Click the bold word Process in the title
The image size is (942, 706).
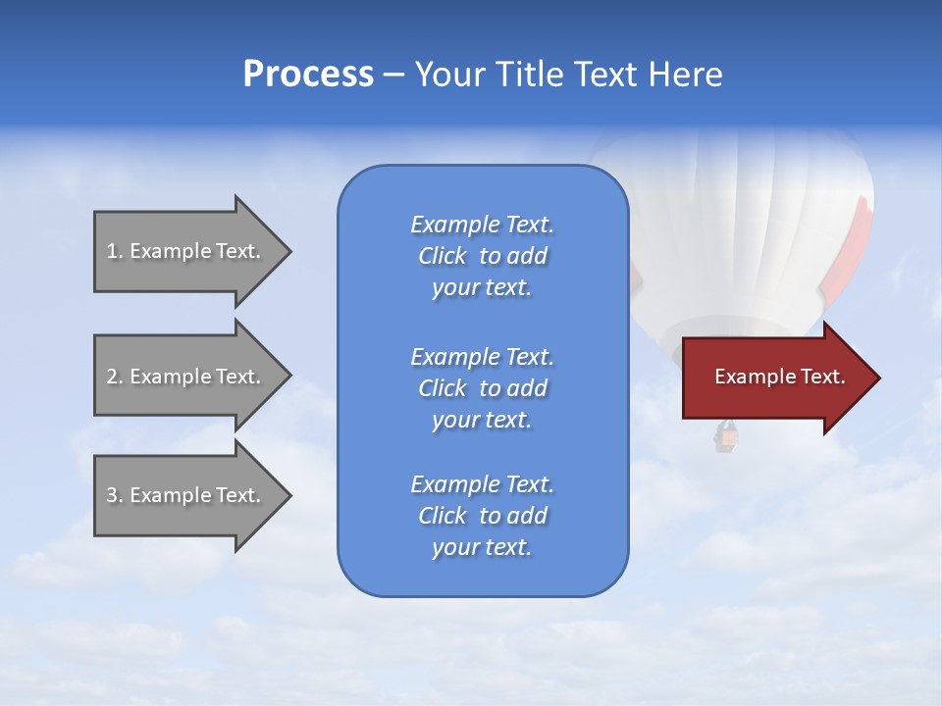click(x=308, y=75)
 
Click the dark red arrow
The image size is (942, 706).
click(x=775, y=378)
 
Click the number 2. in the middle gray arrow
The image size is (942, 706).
click(x=114, y=377)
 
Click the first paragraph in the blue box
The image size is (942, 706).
click(x=482, y=256)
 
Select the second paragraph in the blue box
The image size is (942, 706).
click(x=482, y=388)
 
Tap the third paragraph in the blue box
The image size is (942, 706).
click(x=482, y=516)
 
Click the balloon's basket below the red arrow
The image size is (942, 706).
click(x=725, y=438)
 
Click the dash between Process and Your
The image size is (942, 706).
click(x=393, y=75)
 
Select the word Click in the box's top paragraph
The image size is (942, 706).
click(x=442, y=256)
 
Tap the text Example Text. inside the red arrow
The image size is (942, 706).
click(x=779, y=377)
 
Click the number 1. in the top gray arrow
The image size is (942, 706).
click(x=114, y=251)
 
